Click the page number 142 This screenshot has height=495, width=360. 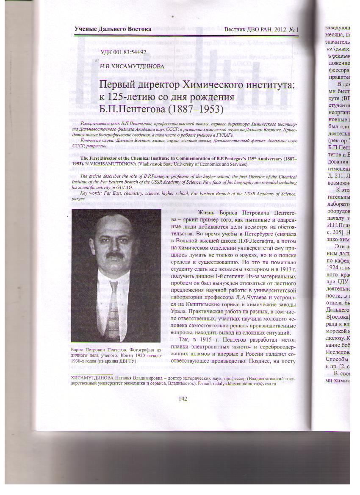pyautogui.click(x=183, y=398)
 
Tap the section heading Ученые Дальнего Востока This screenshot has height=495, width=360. pyautogui.click(x=113, y=29)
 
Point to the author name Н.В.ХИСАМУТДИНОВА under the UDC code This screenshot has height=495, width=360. pyautogui.click(x=132, y=66)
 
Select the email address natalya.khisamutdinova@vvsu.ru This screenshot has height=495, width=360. pyautogui.click(x=241, y=384)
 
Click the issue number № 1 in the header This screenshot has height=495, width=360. pyautogui.click(x=294, y=30)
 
